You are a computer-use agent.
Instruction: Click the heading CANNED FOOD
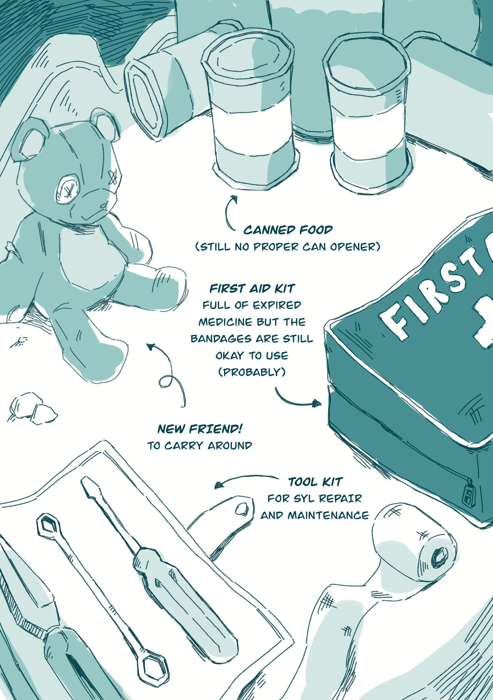click(288, 230)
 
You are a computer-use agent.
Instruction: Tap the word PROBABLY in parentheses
click(252, 372)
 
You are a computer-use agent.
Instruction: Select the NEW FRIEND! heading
click(200, 429)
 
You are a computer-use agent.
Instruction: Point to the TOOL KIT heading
click(315, 482)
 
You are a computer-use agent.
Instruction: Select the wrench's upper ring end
click(47, 526)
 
